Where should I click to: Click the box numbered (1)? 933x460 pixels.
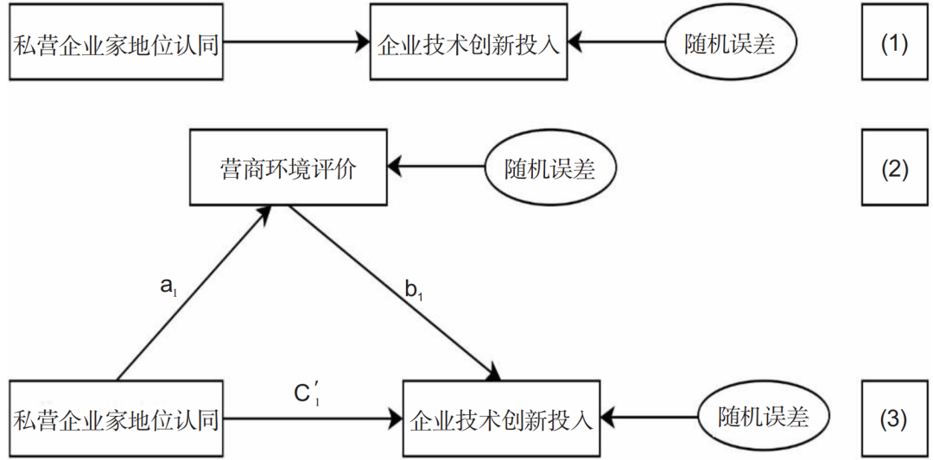[894, 42]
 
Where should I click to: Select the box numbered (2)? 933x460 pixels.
[894, 169]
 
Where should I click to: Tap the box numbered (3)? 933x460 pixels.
[894, 419]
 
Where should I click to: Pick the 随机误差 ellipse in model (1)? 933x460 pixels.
[730, 43]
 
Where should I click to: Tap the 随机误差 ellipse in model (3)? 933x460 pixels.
[764, 418]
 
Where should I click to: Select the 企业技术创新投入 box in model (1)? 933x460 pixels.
[469, 42]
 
